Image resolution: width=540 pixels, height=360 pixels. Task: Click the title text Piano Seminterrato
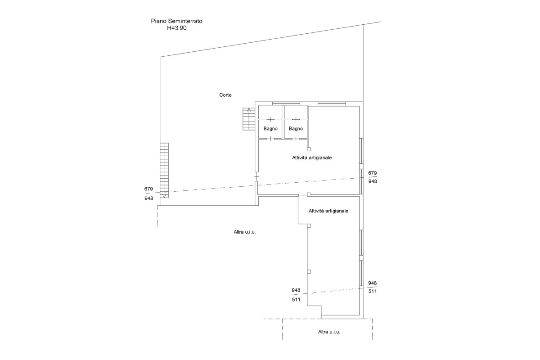(x=176, y=21)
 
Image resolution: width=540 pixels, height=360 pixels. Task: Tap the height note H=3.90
(x=177, y=28)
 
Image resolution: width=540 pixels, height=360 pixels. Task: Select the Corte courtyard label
(x=225, y=95)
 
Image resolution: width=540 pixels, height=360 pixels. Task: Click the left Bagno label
(x=270, y=129)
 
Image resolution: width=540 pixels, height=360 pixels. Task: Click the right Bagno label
(x=296, y=129)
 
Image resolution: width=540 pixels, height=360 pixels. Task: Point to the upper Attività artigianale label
(x=312, y=157)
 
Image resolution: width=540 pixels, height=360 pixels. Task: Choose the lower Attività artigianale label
(x=328, y=211)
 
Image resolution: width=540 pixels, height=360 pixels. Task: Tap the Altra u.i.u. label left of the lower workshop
(x=244, y=232)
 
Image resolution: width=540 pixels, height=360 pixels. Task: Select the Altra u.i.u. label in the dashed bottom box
(x=329, y=332)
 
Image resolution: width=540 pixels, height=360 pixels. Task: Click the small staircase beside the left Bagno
(x=249, y=119)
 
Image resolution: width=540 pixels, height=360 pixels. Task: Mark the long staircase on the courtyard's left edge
(x=164, y=171)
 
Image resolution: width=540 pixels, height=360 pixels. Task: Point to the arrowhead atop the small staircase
(x=249, y=110)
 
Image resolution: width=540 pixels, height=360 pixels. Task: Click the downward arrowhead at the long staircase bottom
(x=164, y=196)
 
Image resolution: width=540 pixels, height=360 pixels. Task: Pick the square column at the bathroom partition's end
(x=309, y=149)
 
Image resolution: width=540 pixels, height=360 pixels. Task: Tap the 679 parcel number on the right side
(x=372, y=173)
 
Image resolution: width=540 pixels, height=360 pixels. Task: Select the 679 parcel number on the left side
(x=148, y=189)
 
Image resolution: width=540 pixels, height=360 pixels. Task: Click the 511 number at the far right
(x=372, y=291)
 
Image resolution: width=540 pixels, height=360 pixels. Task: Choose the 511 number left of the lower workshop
(x=296, y=300)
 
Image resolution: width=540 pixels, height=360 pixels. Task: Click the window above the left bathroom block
(x=286, y=103)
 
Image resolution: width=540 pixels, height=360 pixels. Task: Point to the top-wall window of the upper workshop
(x=332, y=103)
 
